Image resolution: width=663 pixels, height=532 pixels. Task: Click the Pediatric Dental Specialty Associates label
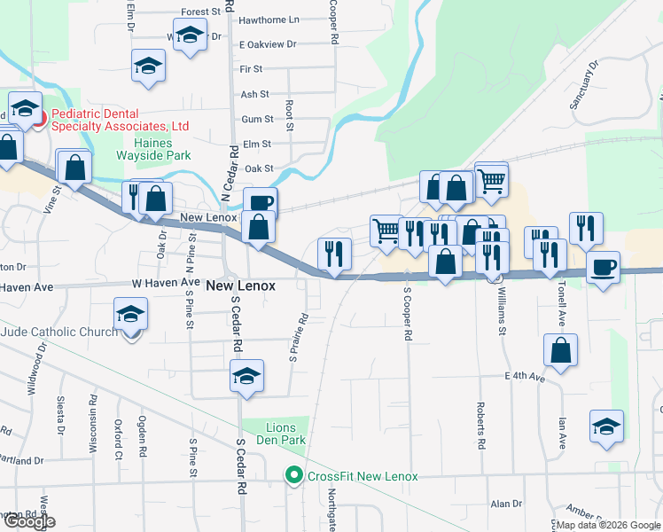[120, 121]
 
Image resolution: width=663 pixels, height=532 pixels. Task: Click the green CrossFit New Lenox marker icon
[293, 476]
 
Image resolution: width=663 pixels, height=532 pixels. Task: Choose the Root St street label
[290, 111]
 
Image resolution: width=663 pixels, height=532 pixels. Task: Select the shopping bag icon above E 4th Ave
[561, 350]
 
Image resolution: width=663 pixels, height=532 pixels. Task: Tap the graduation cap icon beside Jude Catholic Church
[130, 315]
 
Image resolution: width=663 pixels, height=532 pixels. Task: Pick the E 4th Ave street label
[526, 377]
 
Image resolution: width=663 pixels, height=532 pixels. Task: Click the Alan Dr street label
[506, 504]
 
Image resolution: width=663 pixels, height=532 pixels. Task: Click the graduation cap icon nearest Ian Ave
[607, 426]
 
